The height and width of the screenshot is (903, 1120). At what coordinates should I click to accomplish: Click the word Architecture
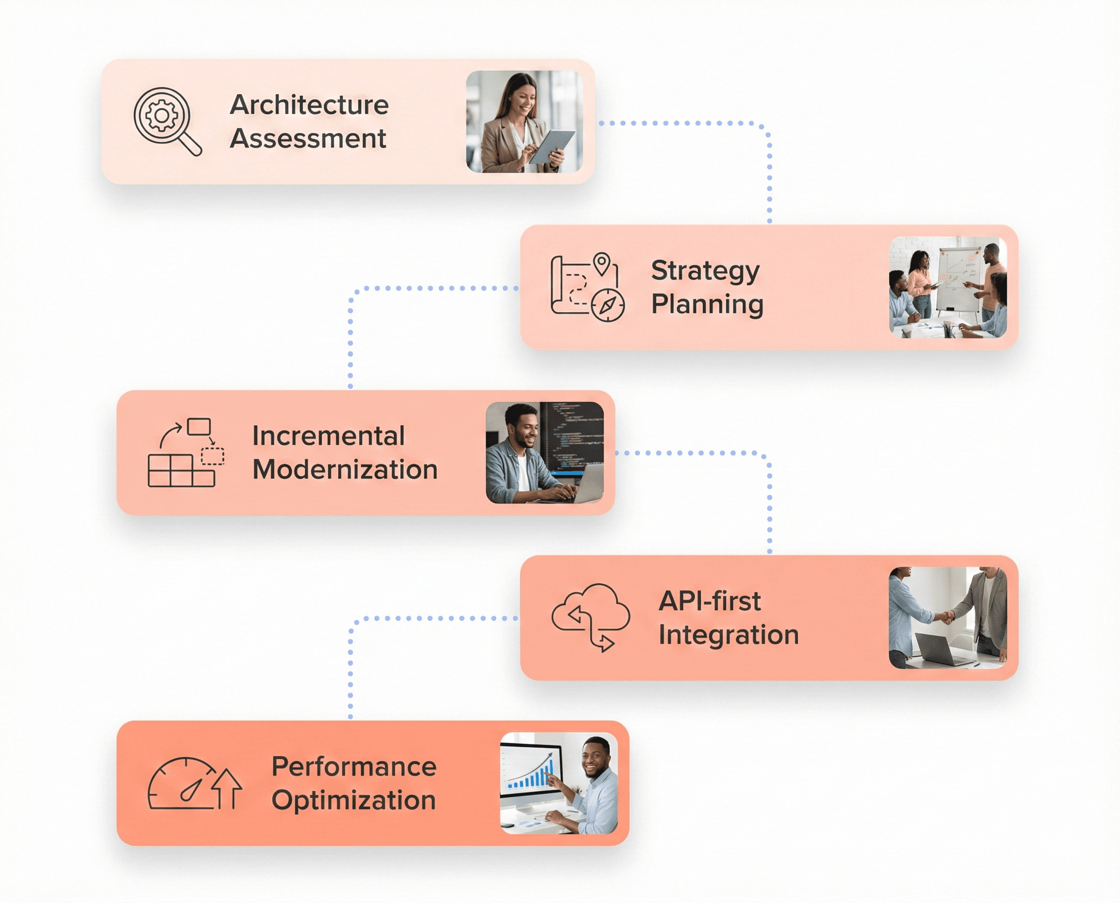309,105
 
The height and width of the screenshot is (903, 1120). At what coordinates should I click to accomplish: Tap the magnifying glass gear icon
167,121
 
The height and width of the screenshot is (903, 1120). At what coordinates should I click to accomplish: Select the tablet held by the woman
552,146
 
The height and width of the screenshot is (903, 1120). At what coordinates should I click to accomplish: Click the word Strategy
705,271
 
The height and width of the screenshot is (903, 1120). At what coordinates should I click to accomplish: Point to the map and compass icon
587,287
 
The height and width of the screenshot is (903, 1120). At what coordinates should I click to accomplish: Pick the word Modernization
345,469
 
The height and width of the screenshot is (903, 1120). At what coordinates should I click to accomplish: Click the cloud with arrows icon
591,616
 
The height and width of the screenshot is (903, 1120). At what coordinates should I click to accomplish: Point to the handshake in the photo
947,617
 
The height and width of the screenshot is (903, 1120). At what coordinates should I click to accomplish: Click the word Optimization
353,800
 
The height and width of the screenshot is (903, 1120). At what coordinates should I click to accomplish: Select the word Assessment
308,138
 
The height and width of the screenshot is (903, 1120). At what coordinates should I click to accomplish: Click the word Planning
707,304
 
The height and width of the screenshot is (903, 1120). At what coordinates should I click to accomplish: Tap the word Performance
353,766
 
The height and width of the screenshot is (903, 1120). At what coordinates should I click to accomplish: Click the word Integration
728,634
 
